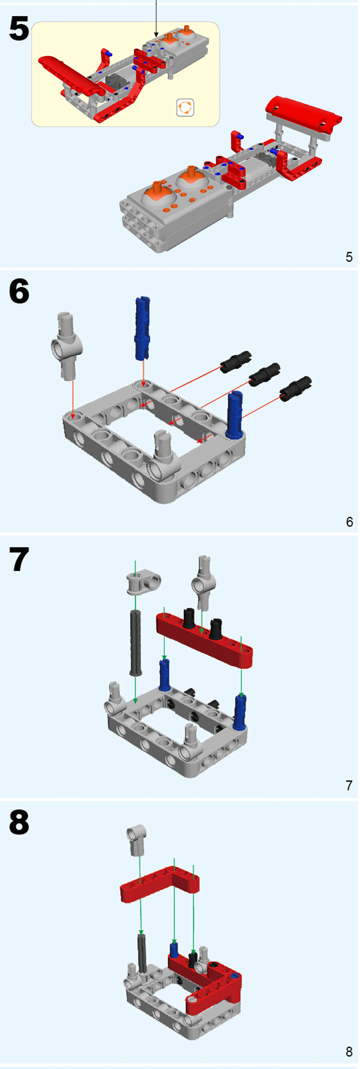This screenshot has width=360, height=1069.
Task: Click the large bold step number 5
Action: coord(19,29)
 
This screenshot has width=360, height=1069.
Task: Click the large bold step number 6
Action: coord(19,292)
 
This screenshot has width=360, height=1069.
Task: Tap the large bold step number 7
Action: coord(19,560)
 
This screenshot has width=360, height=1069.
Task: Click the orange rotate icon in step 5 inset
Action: coord(185,108)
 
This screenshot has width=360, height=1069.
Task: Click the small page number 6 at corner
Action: coord(349,522)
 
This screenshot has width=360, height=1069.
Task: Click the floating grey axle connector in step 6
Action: coord(67,344)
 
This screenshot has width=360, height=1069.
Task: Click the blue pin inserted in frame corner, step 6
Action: coord(235,416)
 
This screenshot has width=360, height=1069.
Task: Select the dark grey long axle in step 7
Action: coord(135,641)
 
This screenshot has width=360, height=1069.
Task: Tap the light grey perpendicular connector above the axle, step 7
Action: coord(143,583)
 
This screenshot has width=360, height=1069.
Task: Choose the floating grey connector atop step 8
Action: coord(137,841)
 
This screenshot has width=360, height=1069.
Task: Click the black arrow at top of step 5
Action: coord(156,19)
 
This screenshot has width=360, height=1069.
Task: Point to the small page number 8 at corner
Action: coord(349,1051)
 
